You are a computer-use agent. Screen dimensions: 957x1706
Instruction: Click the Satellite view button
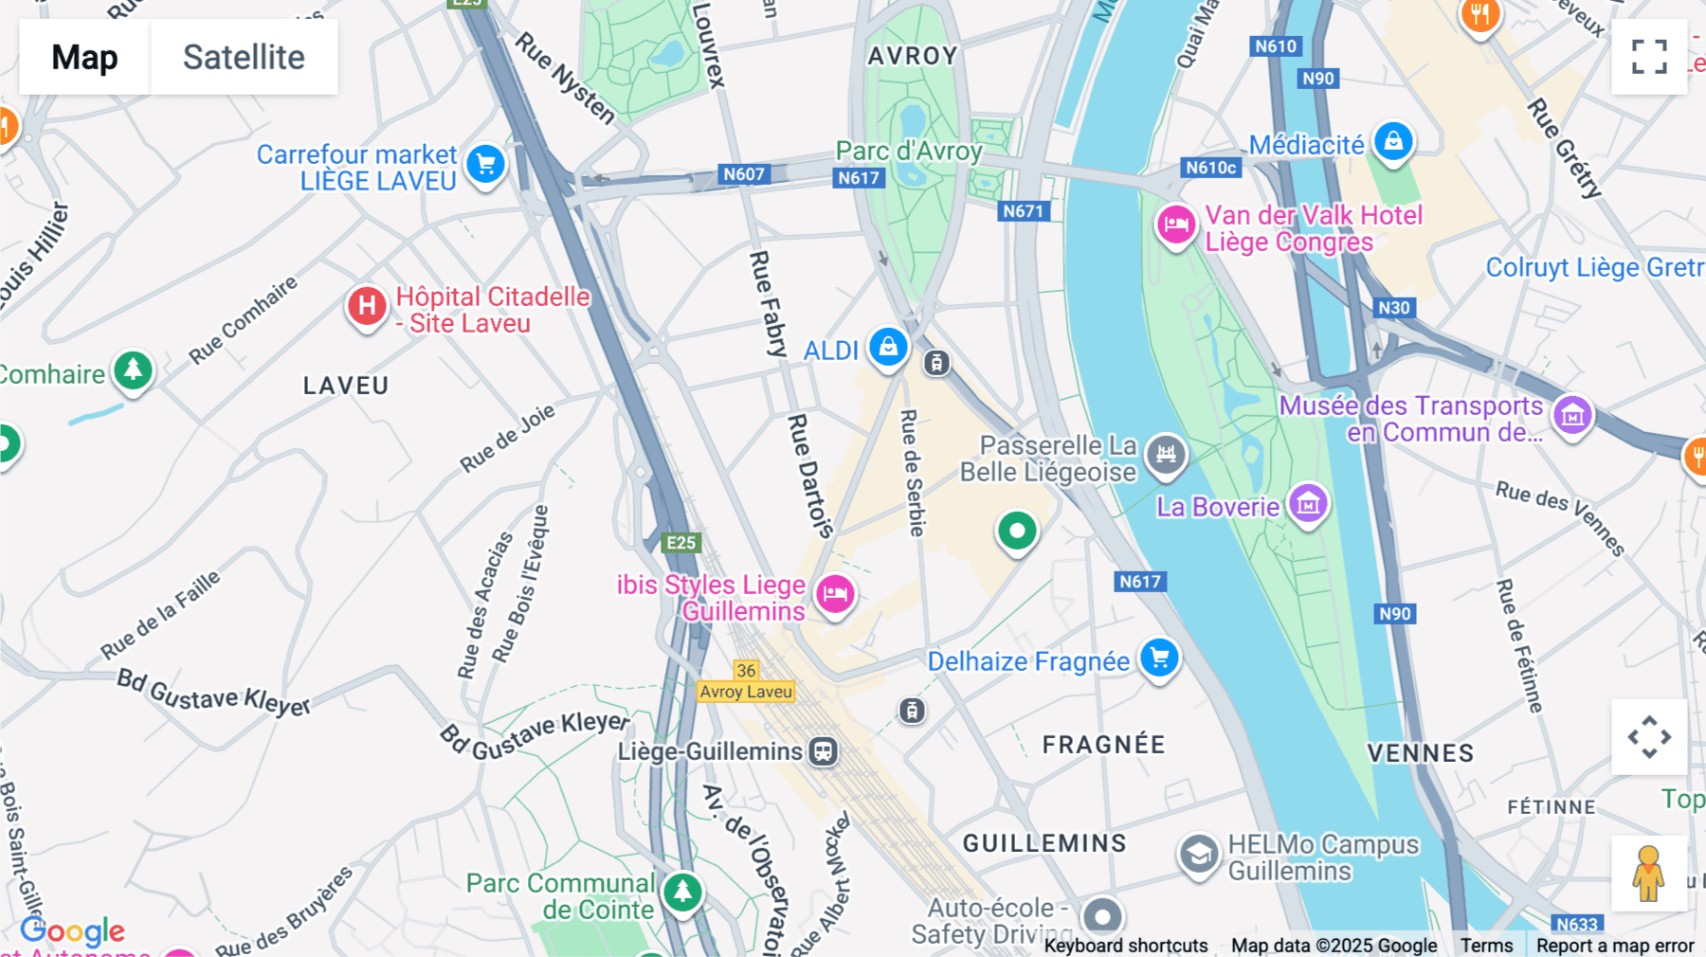point(244,57)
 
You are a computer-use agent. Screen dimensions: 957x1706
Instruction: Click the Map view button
point(84,57)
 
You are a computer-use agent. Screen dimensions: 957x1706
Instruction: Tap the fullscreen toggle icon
point(1649,57)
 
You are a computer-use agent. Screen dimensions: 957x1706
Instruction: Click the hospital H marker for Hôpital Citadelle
point(367,306)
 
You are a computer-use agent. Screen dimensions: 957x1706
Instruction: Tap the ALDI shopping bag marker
point(888,347)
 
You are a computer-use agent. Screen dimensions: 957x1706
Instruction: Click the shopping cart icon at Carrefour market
point(486,165)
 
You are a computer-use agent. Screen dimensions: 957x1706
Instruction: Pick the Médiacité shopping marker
point(1393,142)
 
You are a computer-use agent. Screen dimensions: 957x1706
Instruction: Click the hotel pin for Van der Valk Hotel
point(1176,226)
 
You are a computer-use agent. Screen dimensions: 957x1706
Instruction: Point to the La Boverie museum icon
point(1308,504)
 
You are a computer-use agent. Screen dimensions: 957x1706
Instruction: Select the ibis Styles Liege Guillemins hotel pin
point(835,595)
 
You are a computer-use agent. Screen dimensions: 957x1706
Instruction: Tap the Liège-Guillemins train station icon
point(823,751)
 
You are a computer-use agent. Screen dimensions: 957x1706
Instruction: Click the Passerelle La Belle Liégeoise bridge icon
point(1166,454)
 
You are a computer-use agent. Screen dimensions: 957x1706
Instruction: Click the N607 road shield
point(743,174)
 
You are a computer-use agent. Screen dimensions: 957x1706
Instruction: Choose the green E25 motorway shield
point(681,543)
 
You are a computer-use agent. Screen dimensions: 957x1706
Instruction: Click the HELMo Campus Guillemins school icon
point(1198,855)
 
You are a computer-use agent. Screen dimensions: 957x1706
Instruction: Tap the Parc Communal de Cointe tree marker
point(682,891)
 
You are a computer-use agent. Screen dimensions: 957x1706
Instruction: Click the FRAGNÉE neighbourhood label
point(1103,745)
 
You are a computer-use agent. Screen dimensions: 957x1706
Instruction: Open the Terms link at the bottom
point(1486,946)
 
